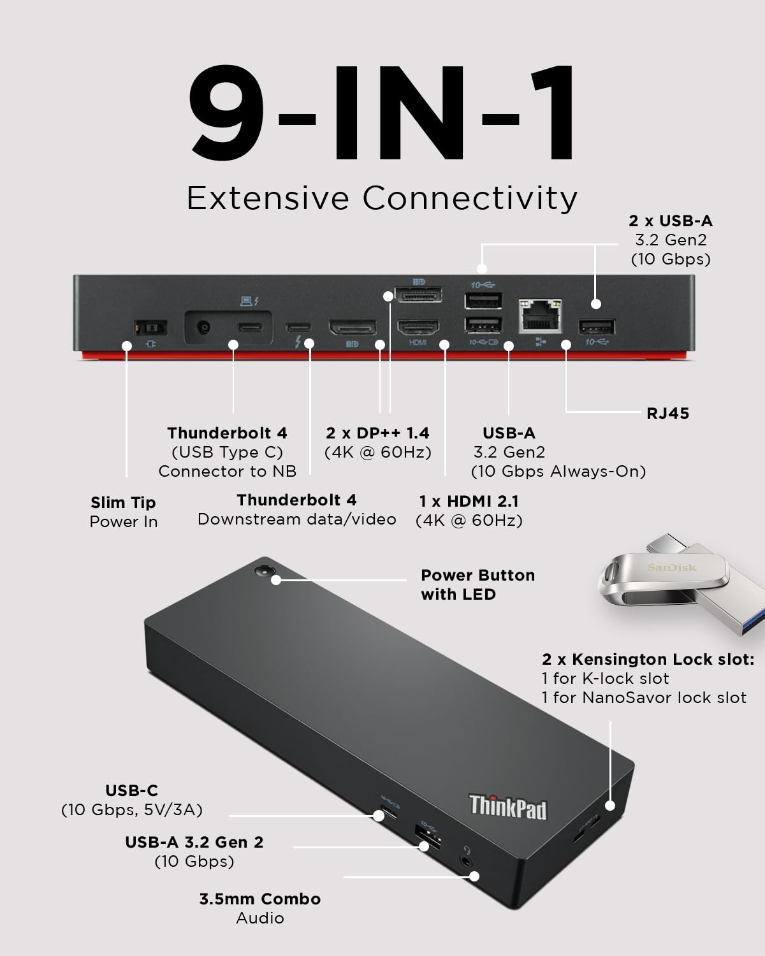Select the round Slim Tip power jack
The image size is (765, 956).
(204, 328)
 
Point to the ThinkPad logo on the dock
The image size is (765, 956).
(508, 807)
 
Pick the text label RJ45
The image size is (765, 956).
(667, 413)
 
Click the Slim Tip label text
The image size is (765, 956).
(123, 502)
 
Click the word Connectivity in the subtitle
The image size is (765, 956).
(470, 198)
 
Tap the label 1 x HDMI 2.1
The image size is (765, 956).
(469, 501)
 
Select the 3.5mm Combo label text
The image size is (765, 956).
(259, 899)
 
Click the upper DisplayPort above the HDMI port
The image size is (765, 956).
(418, 295)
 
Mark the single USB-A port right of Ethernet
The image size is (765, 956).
(597, 328)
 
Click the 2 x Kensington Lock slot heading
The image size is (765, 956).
(648, 659)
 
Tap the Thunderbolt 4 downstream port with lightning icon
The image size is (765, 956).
(299, 328)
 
